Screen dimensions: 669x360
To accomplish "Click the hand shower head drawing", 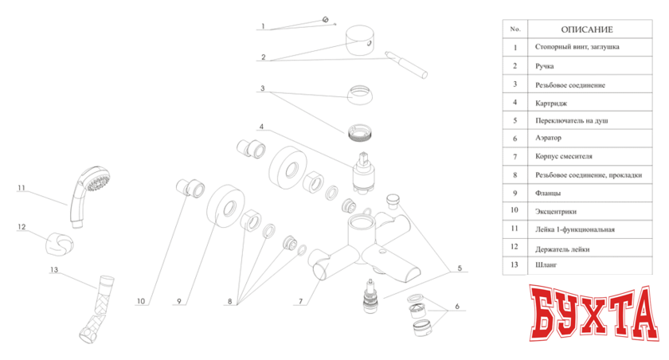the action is (88, 194).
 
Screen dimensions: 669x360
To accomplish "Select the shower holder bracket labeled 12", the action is (60, 244).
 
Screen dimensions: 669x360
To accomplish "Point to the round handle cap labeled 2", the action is (360, 40).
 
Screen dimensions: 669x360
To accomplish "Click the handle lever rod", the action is (405, 65).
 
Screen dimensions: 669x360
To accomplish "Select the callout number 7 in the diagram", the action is (301, 301).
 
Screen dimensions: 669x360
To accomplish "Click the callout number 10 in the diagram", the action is (141, 301).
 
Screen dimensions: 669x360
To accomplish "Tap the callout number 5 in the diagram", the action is (460, 268).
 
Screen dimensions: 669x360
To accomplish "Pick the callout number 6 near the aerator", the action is (457, 307).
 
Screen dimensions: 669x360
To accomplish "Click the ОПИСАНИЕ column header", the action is (587, 29).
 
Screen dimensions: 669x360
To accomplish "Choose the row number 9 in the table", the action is (515, 194).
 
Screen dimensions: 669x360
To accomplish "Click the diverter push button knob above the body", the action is (393, 202).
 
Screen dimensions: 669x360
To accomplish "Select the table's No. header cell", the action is (515, 29).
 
